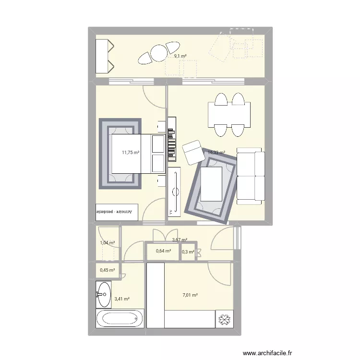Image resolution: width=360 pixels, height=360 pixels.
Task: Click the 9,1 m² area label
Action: click(x=180, y=56)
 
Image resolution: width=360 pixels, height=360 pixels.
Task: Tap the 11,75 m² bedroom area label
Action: click(x=131, y=153)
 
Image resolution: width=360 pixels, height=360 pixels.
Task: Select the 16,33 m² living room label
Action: click(x=216, y=153)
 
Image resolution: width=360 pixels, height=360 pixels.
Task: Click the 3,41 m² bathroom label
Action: click(x=122, y=299)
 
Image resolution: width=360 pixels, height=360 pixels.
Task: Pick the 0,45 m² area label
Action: click(x=107, y=270)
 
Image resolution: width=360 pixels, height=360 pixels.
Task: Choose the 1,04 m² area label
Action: click(x=107, y=243)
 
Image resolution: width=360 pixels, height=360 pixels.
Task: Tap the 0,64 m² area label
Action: click(x=163, y=251)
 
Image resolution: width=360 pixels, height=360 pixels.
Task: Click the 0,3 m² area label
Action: click(x=188, y=252)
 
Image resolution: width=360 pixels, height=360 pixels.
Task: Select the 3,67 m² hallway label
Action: click(x=180, y=240)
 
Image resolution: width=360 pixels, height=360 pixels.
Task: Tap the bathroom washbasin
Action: click(x=103, y=293)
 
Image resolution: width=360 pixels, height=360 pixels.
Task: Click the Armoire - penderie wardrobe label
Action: click(x=117, y=211)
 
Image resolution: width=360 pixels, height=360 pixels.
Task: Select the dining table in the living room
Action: click(x=229, y=115)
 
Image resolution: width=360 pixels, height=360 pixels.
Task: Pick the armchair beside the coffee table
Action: click(x=193, y=151)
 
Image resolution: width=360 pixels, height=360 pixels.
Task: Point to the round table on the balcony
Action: click(x=158, y=53)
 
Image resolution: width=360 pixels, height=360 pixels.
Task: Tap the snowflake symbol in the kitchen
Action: click(x=224, y=319)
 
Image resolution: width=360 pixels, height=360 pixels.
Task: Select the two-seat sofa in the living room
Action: click(x=251, y=176)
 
